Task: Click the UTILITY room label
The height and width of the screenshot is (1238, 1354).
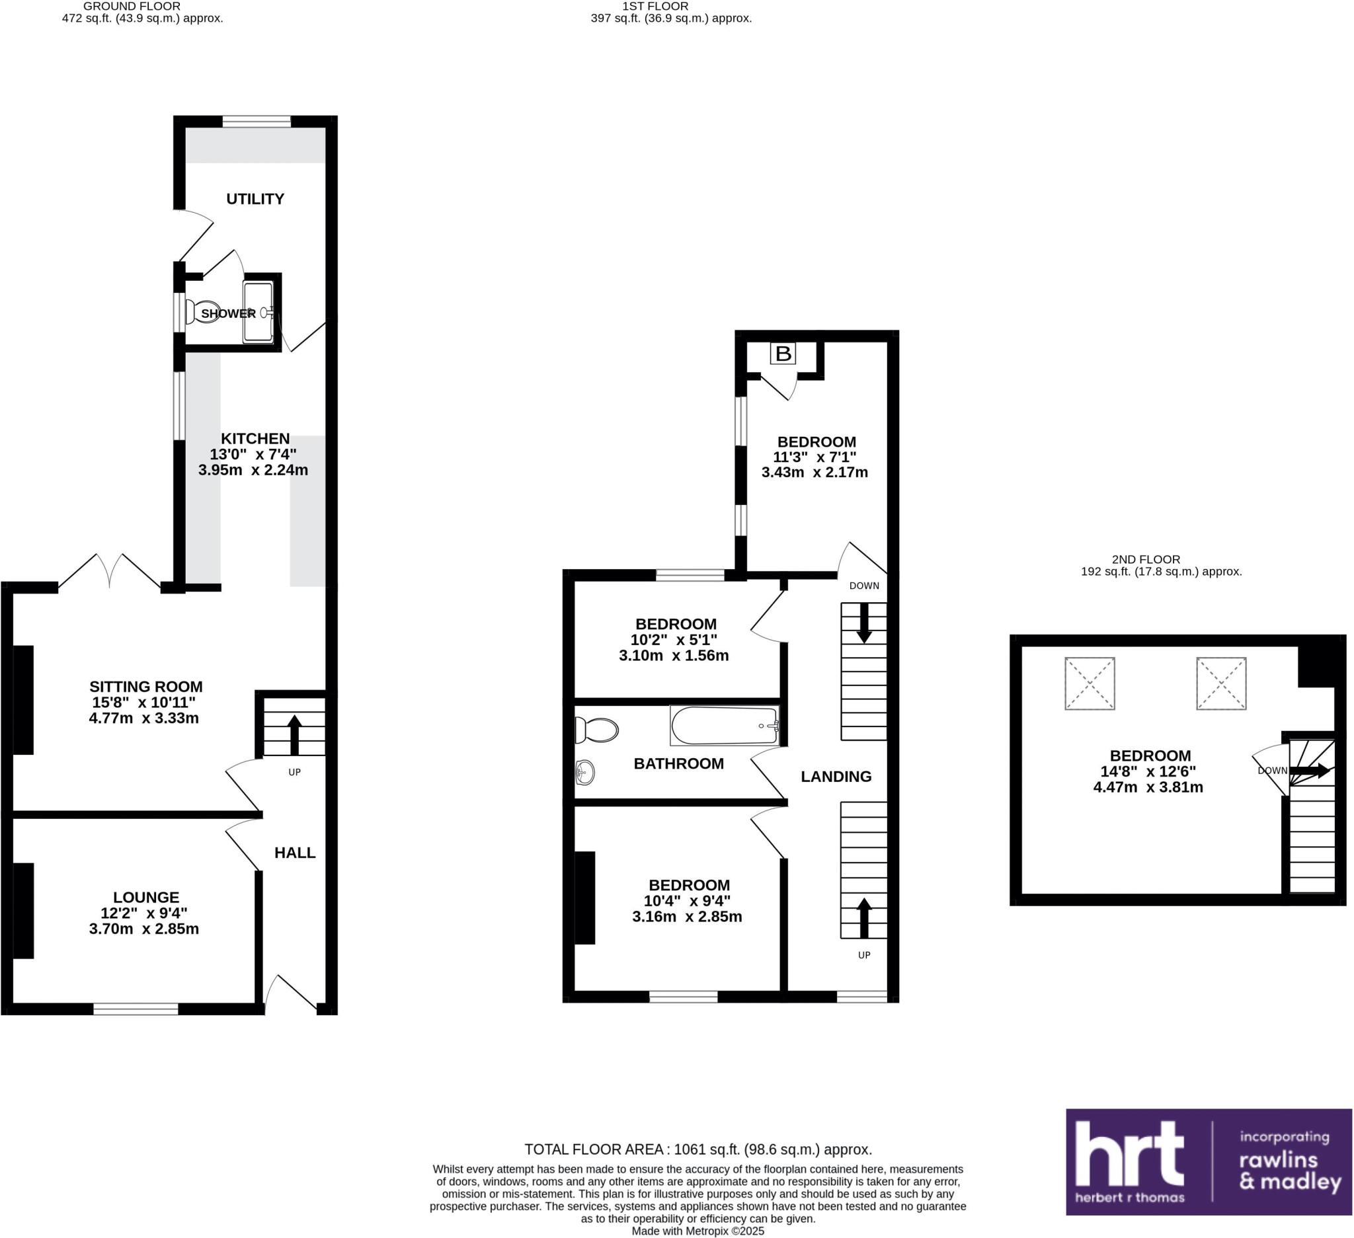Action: pyautogui.click(x=255, y=199)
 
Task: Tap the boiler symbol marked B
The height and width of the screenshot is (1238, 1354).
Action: pyautogui.click(x=782, y=353)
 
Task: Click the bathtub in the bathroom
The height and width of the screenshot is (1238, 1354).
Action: pyautogui.click(x=725, y=726)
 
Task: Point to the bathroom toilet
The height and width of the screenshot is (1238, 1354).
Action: pyautogui.click(x=596, y=730)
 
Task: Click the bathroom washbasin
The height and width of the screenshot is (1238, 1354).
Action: pyautogui.click(x=584, y=773)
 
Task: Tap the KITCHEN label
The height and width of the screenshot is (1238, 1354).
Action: pyautogui.click(x=255, y=438)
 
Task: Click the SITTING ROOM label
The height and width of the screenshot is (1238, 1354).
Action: pyautogui.click(x=145, y=687)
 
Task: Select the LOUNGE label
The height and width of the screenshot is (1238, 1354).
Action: pyautogui.click(x=145, y=897)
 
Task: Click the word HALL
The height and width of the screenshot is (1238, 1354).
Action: pyautogui.click(x=295, y=853)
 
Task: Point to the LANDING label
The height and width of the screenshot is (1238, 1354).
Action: pyautogui.click(x=836, y=776)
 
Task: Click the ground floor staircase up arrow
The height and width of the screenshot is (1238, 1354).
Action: pyautogui.click(x=294, y=734)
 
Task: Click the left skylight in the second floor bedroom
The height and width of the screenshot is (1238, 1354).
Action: pyautogui.click(x=1090, y=683)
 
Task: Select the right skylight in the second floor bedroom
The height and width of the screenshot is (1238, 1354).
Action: pyautogui.click(x=1221, y=683)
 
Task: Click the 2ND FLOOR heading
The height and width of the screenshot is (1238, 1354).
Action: pyautogui.click(x=1146, y=559)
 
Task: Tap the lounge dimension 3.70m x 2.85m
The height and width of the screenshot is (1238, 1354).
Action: pyautogui.click(x=143, y=929)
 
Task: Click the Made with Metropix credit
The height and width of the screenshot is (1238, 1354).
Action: pyautogui.click(x=697, y=1231)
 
